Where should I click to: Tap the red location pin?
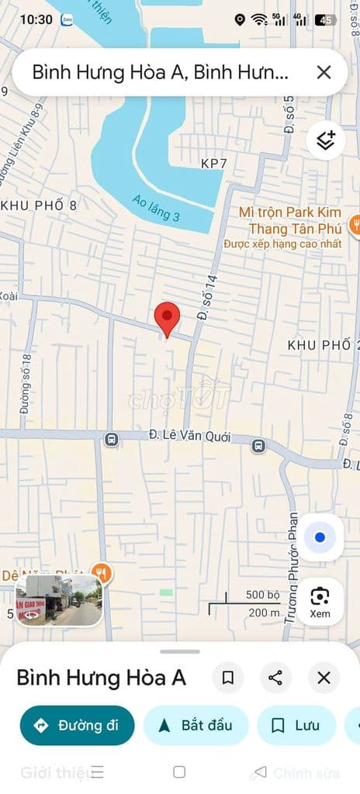click(167, 317)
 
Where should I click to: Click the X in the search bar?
click(324, 72)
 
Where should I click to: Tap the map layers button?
click(325, 140)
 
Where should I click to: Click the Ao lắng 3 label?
click(155, 207)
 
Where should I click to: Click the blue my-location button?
click(320, 537)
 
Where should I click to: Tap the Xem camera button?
click(320, 601)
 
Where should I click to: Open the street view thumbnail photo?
click(58, 600)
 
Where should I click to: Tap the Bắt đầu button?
click(196, 725)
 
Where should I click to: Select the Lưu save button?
click(296, 725)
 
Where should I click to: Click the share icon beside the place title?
click(275, 678)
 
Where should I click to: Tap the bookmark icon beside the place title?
click(228, 678)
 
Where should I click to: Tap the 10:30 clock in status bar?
click(36, 19)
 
